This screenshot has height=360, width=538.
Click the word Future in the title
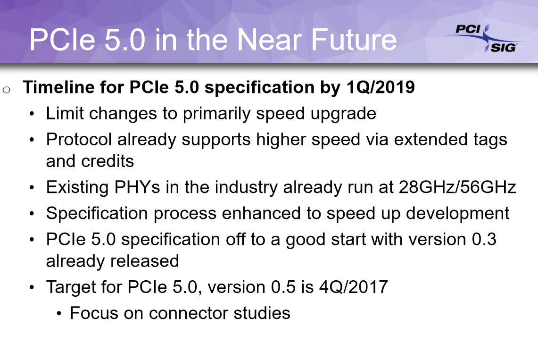(354, 40)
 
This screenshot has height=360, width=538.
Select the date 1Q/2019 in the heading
(381, 87)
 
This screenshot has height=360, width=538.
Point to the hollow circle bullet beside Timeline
(6, 90)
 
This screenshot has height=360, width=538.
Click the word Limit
(65, 113)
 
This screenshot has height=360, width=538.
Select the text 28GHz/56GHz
(457, 187)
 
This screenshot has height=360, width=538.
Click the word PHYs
(137, 187)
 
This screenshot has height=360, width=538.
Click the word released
(144, 261)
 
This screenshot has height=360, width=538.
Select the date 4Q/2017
(354, 287)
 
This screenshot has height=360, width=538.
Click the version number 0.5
(283, 287)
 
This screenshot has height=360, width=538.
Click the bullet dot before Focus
(59, 314)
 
